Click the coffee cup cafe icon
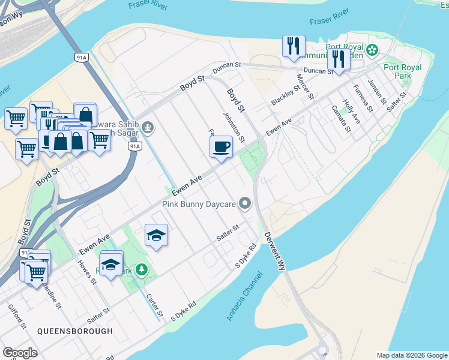point(221,146)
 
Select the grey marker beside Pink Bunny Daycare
point(244,205)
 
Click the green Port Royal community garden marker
point(373,50)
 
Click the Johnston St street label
point(234,127)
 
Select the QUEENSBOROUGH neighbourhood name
point(74,331)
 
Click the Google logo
point(19,353)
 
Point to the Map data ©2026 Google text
point(411,355)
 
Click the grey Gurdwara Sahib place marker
point(148,127)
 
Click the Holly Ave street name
point(351,112)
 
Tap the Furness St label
point(363,98)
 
